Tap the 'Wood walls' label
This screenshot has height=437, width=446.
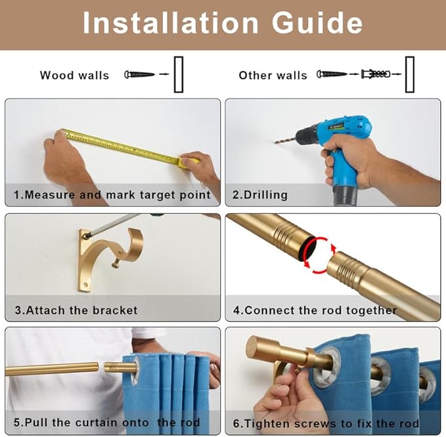tap(74, 75)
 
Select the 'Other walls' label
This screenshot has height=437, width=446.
tap(273, 75)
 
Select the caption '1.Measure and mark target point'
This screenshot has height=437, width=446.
tap(112, 195)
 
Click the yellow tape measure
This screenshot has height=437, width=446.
tap(125, 148)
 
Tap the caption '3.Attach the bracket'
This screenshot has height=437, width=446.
tap(76, 310)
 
